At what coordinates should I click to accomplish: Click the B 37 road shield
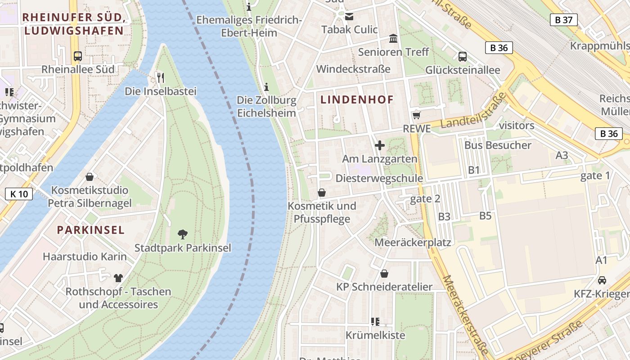tap(563, 19)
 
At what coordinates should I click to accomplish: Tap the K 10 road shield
tap(19, 194)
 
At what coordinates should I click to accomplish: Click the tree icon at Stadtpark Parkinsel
tap(182, 234)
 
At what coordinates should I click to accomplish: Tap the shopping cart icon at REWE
tap(416, 115)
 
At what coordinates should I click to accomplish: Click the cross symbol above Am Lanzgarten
tap(380, 145)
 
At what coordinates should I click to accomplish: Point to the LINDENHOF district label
tap(357, 100)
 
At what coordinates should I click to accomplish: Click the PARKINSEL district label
tap(90, 230)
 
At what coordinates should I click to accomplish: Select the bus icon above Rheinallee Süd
tap(78, 56)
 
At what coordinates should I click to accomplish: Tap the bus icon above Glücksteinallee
tap(462, 57)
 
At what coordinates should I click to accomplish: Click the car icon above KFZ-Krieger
tap(602, 280)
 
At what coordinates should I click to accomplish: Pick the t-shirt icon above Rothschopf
tap(118, 278)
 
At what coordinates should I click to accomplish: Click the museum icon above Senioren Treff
tap(393, 39)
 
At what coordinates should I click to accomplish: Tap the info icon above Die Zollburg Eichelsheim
tap(266, 86)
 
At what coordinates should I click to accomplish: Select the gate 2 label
tap(425, 198)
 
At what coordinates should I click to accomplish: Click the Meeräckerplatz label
tap(413, 243)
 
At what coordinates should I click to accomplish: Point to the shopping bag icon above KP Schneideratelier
tap(384, 274)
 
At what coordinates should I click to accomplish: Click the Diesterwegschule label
tap(379, 178)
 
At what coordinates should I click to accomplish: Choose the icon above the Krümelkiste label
tap(375, 321)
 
